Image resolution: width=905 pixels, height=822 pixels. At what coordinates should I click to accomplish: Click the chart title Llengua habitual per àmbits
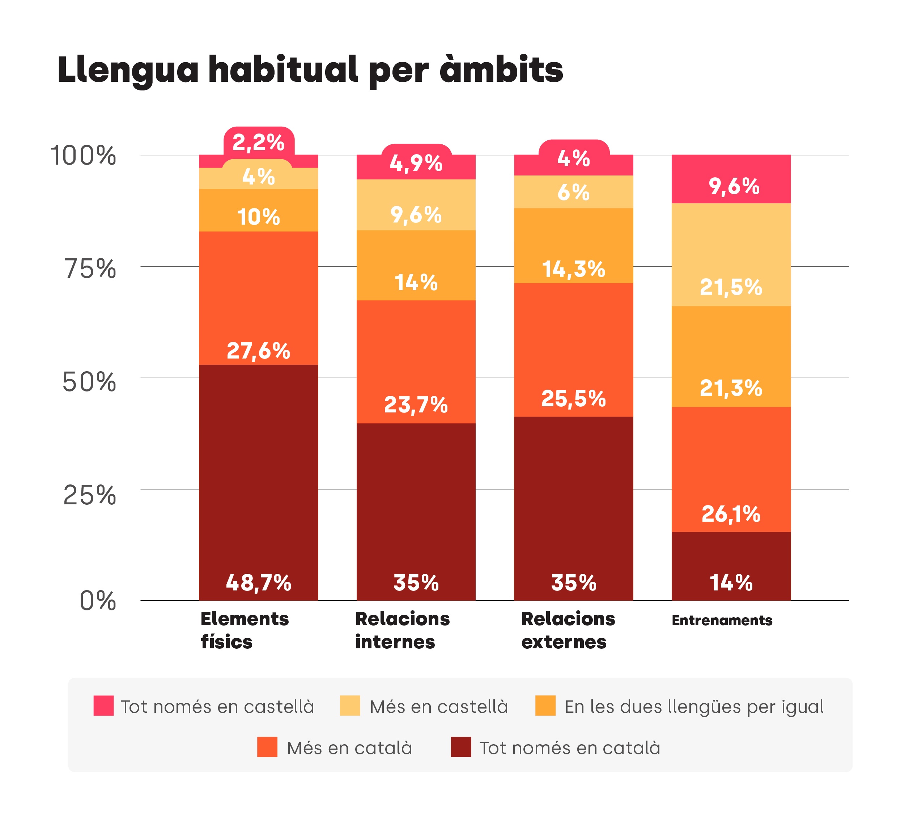[x=310, y=71]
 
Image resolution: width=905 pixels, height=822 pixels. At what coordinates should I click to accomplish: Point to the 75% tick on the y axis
[x=90, y=269]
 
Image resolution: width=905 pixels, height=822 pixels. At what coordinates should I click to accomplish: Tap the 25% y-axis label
[x=89, y=495]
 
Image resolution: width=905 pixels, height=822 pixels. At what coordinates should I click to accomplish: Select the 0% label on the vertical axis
[x=97, y=601]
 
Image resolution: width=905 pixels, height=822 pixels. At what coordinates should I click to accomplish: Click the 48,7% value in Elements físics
[x=258, y=583]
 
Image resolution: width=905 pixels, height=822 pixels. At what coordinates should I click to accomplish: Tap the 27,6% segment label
[x=258, y=351]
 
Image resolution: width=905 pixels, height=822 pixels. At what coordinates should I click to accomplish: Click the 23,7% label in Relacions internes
[x=416, y=404]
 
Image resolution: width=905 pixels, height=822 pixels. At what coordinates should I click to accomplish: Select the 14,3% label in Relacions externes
[x=573, y=269]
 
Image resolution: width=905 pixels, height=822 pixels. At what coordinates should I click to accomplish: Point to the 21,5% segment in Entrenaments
[x=731, y=287]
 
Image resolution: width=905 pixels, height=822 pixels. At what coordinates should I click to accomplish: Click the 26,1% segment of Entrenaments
[x=731, y=514]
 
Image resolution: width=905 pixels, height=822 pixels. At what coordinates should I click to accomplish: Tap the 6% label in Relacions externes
[x=573, y=192]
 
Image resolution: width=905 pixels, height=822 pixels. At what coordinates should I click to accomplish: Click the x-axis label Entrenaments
[x=722, y=620]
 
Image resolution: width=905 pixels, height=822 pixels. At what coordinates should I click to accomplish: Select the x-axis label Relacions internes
[x=402, y=630]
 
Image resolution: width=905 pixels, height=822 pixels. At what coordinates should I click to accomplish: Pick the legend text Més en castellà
[x=439, y=707]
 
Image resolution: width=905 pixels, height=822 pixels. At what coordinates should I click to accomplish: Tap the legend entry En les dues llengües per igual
[x=693, y=707]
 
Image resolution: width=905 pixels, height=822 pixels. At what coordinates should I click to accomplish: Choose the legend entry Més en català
[x=349, y=748]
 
